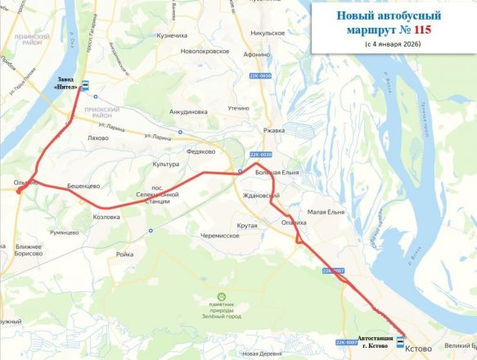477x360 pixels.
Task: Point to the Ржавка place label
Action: coord(273,130)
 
